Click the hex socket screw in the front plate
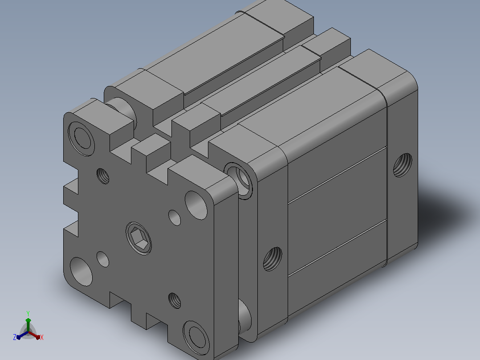click(138, 238)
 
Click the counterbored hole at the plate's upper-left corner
click(81, 139)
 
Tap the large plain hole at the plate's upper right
click(196, 205)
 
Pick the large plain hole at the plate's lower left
click(81, 271)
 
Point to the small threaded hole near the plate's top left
click(103, 176)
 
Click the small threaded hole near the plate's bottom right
click(175, 300)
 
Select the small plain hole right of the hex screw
click(175, 218)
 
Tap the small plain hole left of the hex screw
click(103, 259)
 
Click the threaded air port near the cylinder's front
click(273, 259)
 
